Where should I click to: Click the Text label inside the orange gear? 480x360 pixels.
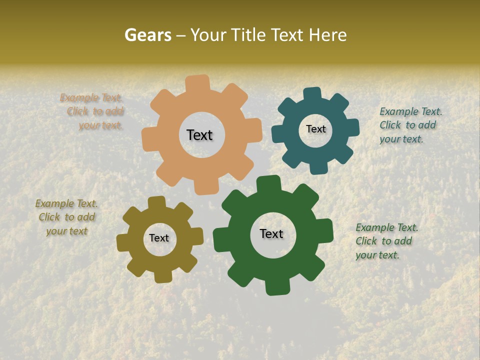coord(199,135)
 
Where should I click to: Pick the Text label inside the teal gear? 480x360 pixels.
coord(315,129)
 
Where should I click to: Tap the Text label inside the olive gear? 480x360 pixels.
coord(159,238)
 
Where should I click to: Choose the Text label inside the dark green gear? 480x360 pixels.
coord(271,234)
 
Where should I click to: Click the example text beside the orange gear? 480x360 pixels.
coord(92,111)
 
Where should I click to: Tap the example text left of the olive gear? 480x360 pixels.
coord(66,217)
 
